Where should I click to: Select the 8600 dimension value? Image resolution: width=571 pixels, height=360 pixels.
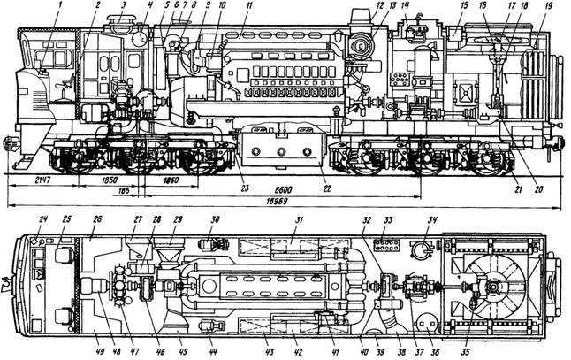(284, 190)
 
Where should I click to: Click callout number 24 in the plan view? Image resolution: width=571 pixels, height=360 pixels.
(44, 218)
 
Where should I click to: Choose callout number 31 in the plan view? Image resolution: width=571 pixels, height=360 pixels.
(298, 219)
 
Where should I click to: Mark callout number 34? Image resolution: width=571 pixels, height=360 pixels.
(433, 219)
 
